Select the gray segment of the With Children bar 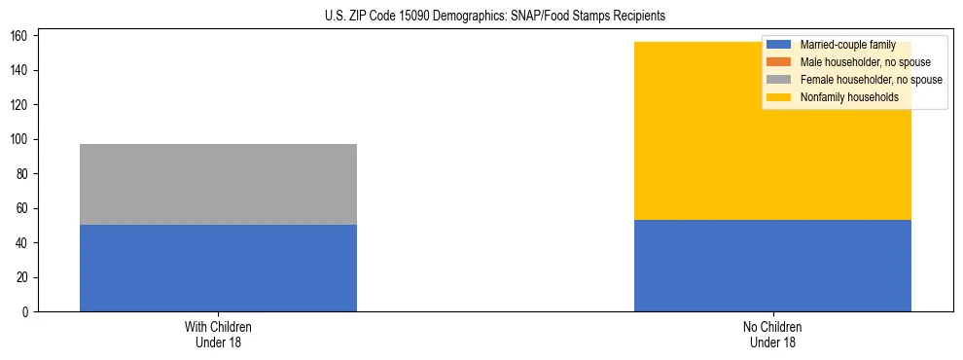pyautogui.click(x=218, y=185)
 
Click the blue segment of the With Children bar pyautogui.click(x=218, y=269)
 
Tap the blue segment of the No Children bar pyautogui.click(x=772, y=266)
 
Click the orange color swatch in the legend pyautogui.click(x=780, y=62)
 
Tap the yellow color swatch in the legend pyautogui.click(x=780, y=97)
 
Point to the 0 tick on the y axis pyautogui.click(x=28, y=312)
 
